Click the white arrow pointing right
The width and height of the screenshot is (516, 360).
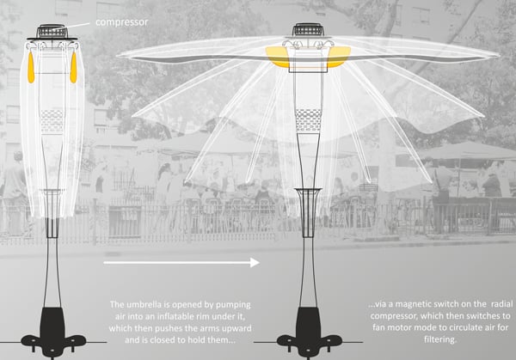[181, 263]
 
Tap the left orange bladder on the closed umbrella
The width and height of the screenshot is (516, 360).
[34, 68]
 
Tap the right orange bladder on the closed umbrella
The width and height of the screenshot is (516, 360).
[73, 68]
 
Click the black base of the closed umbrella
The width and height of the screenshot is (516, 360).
[53, 330]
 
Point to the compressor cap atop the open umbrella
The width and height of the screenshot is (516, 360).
[307, 31]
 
